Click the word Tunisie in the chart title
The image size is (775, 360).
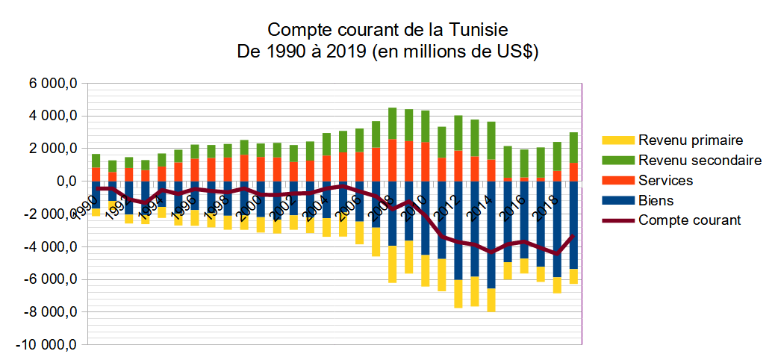click(x=478, y=31)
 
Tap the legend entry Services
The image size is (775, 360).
click(x=664, y=180)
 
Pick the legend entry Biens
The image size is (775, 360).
click(x=655, y=200)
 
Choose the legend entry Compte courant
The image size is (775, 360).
click(x=688, y=220)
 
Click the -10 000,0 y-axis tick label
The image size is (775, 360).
click(x=48, y=344)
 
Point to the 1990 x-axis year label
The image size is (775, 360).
click(x=87, y=205)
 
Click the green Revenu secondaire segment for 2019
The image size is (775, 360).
click(x=573, y=148)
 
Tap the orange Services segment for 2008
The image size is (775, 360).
click(x=393, y=161)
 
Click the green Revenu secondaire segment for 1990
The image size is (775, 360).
click(x=96, y=161)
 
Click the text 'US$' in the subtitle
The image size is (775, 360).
click(x=518, y=52)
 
